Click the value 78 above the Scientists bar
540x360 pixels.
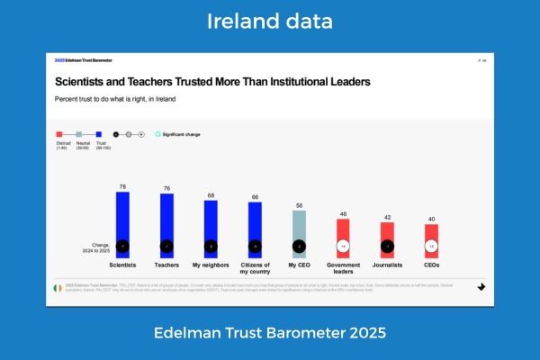coord(122,186)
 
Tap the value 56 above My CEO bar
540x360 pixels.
coord(299,206)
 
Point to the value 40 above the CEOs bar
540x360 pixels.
coord(431,219)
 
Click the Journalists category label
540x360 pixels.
coord(387,265)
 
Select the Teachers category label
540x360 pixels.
coord(166,265)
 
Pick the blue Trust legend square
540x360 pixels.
coord(98,134)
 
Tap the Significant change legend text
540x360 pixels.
coord(182,133)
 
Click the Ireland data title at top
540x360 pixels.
coord(270,21)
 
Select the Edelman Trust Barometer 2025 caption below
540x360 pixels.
coord(270,333)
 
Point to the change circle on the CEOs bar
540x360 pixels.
coord(431,246)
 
